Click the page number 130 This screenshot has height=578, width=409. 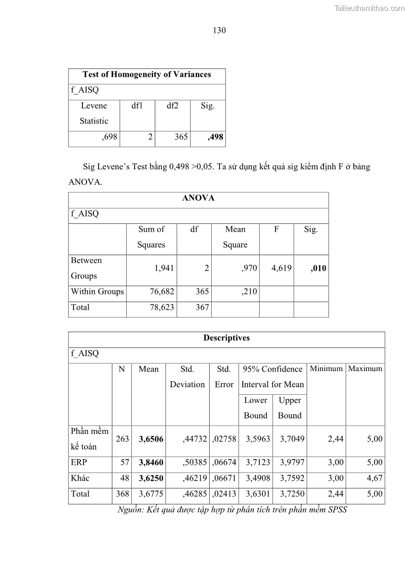click(219, 30)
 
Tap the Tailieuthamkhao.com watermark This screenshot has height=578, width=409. click(369, 8)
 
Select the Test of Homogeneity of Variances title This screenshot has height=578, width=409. click(147, 75)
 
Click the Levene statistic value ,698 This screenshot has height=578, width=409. click(110, 137)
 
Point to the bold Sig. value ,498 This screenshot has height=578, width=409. click(215, 137)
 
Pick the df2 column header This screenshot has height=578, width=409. click(173, 106)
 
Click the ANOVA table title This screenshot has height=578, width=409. click(198, 198)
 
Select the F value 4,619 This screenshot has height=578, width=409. click(281, 268)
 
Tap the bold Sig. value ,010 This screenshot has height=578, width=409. click(318, 268)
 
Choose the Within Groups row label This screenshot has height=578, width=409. click(97, 292)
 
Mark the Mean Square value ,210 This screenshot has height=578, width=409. click(249, 292)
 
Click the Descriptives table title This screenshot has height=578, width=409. click(227, 338)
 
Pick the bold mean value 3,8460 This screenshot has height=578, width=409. click(151, 463)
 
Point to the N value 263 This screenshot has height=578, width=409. click(122, 439)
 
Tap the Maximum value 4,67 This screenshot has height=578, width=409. click(374, 478)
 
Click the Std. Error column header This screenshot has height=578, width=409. click(224, 377)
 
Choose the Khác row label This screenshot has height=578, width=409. click(80, 478)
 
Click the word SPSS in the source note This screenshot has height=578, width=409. click(337, 511)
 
